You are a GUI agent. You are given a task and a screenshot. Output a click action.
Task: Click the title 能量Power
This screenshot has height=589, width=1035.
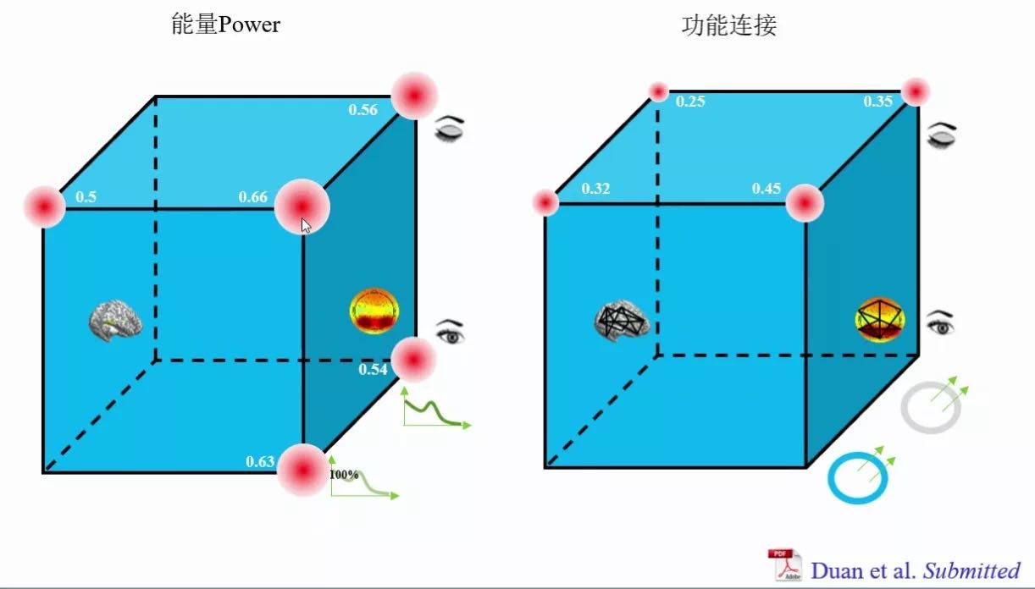click(x=225, y=25)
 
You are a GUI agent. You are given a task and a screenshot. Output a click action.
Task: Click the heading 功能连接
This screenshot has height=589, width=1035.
click(x=728, y=26)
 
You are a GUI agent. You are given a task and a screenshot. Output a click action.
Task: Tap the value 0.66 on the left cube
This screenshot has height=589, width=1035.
click(x=252, y=198)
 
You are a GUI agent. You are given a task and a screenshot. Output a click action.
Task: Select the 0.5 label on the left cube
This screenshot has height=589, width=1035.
click(x=86, y=197)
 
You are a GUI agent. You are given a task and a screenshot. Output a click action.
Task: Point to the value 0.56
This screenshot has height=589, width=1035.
click(x=363, y=109)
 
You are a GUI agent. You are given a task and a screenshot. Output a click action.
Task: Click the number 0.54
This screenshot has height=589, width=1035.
click(x=373, y=370)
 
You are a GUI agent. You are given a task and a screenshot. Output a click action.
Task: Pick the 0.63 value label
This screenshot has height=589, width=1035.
click(x=260, y=462)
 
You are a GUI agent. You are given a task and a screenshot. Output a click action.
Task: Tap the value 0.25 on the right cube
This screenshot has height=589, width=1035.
click(x=690, y=102)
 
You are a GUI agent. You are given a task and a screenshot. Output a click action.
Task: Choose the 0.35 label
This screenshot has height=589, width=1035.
click(x=877, y=102)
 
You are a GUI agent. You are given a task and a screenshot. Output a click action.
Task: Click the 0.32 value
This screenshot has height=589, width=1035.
click(x=595, y=189)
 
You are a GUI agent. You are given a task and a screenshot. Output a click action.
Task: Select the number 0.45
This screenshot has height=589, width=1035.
click(x=767, y=189)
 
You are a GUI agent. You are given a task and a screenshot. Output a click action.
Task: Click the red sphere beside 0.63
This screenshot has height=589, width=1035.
click(x=302, y=469)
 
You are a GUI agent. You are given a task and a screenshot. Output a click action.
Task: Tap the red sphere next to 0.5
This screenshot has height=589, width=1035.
click(x=44, y=206)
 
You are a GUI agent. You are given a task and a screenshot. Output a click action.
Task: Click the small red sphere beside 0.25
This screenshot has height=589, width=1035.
click(x=659, y=91)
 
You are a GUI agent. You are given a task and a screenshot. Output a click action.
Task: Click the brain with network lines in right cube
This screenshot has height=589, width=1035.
click(x=622, y=320)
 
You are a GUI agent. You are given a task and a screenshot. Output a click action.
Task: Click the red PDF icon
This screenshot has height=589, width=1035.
click(x=784, y=564)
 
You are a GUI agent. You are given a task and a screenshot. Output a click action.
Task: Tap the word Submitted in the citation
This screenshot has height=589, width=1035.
click(x=971, y=570)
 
